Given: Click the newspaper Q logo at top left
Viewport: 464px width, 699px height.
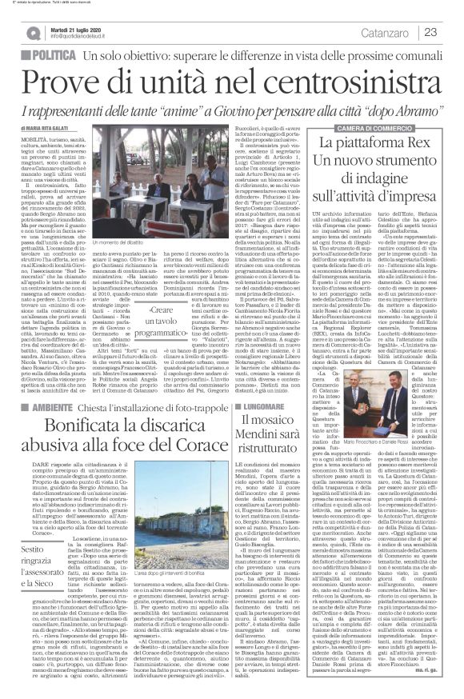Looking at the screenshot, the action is [x=34, y=30].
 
